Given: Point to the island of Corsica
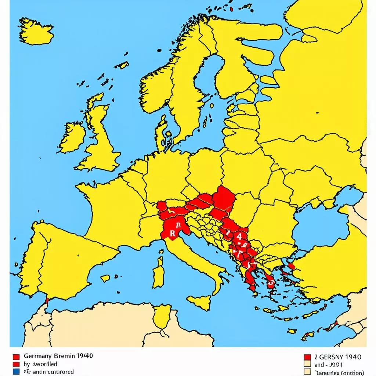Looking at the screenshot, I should pyautogui.click(x=160, y=253).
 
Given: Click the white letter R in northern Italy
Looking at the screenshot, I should pyautogui.click(x=172, y=233).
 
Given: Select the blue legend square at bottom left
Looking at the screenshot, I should pyautogui.click(x=16, y=372).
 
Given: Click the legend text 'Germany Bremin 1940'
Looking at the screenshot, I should pyautogui.click(x=58, y=356).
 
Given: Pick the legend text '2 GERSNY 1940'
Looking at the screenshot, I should pyautogui.click(x=338, y=357).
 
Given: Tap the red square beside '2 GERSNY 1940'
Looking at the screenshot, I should pyautogui.click(x=308, y=357).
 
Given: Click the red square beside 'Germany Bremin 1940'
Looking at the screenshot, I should pyautogui.click(x=16, y=357).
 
